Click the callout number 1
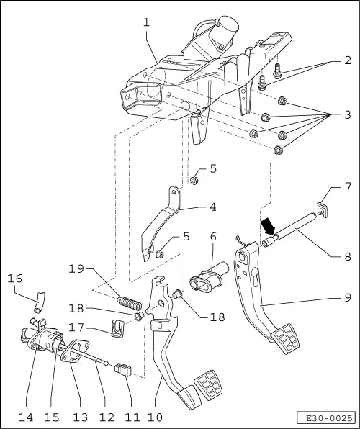point(146,22)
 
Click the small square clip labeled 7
point(323,209)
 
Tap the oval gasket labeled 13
point(71,355)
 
